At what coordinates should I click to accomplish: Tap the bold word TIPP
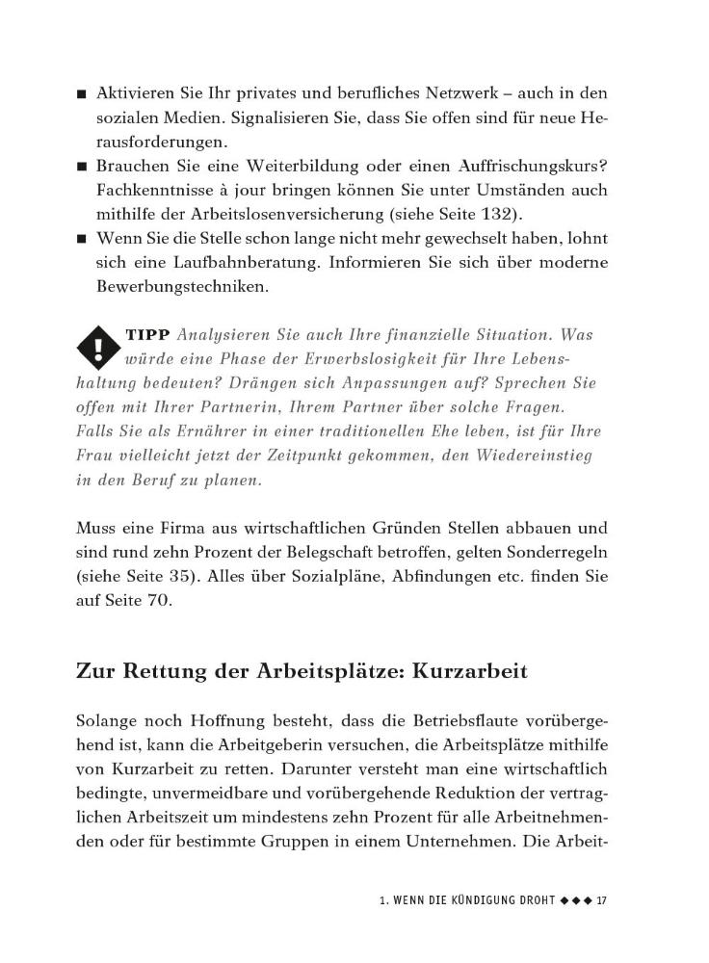(x=146, y=335)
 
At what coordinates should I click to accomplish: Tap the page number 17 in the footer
(x=602, y=900)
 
